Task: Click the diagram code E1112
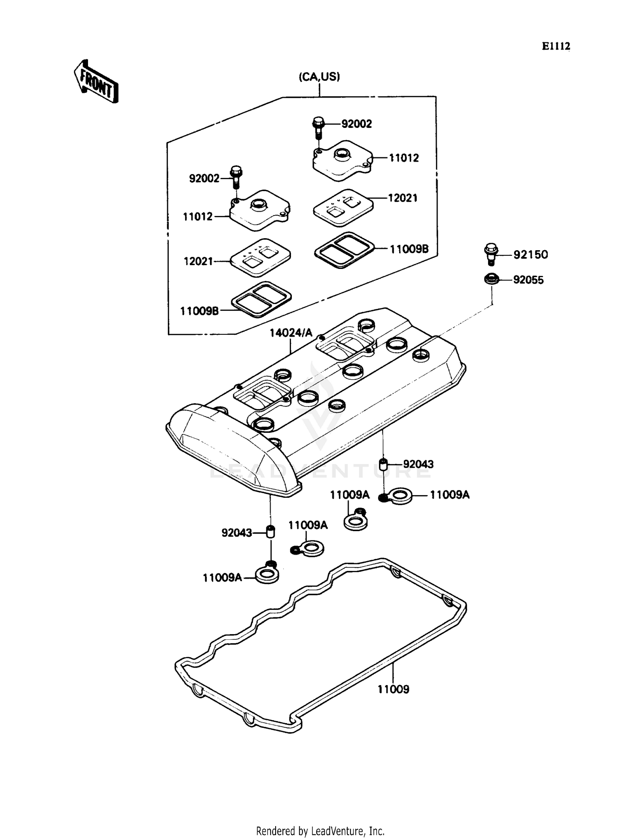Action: point(556,46)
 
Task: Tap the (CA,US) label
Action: point(319,77)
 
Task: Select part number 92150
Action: point(530,255)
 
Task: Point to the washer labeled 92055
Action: point(491,280)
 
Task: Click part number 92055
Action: point(528,280)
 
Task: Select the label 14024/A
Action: point(291,333)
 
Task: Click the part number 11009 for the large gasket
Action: point(393,689)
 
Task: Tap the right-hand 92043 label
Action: point(418,464)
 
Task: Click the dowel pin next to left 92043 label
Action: point(270,532)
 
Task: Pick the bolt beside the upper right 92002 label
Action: point(318,127)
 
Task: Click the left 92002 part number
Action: point(204,179)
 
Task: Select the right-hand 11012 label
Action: point(403,158)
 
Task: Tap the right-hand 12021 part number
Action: point(403,198)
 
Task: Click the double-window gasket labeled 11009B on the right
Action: point(344,249)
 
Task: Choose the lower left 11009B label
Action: point(200,311)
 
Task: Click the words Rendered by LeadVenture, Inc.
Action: point(320,831)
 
